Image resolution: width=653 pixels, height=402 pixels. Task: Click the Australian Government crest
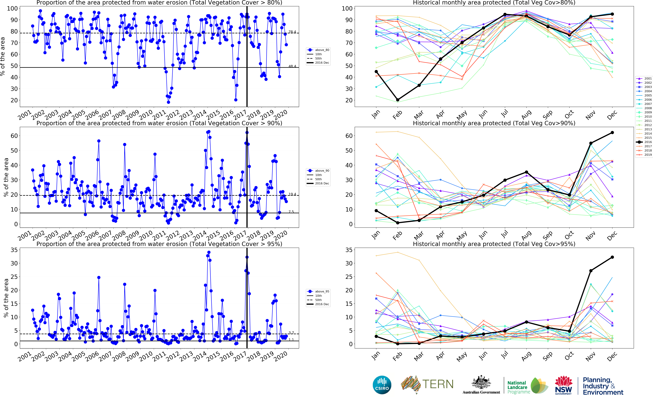[481, 383]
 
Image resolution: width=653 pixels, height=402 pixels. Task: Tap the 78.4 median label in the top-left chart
[292, 32]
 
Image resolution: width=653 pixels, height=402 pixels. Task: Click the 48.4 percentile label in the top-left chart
[292, 66]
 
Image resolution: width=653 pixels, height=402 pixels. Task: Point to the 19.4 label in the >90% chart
[292, 194]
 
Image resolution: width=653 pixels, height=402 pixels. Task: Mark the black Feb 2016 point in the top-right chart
[398, 100]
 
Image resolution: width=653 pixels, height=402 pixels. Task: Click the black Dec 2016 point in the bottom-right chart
[612, 257]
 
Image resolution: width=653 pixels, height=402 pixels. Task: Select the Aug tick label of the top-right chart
[526, 115]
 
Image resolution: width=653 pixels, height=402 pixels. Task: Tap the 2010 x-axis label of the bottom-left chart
[146, 356]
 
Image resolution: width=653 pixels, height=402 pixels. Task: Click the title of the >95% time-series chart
[159, 244]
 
